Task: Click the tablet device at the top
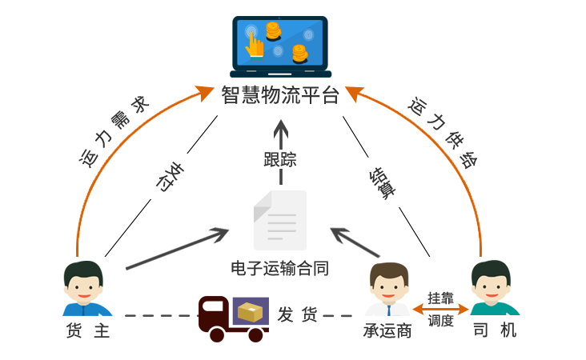(281, 46)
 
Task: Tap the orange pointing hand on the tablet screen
(255, 45)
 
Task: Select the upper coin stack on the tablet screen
(273, 31)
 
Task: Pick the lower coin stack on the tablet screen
(299, 54)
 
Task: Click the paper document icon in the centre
(279, 219)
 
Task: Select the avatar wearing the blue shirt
(87, 288)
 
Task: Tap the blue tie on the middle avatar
(387, 310)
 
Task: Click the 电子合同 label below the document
(279, 267)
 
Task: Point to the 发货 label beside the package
(298, 314)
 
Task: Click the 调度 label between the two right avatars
(440, 321)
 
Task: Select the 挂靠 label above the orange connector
(440, 298)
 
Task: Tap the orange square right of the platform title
(354, 94)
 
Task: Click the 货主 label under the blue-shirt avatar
(87, 330)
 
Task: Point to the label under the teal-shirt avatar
(495, 330)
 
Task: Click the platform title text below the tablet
(279, 94)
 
